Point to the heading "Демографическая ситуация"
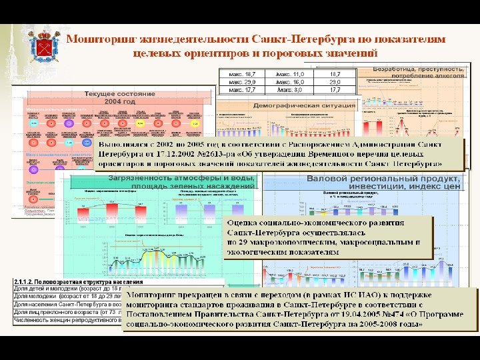coord(303,105)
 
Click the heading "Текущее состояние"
coord(119,94)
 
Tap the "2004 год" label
coord(120,102)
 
